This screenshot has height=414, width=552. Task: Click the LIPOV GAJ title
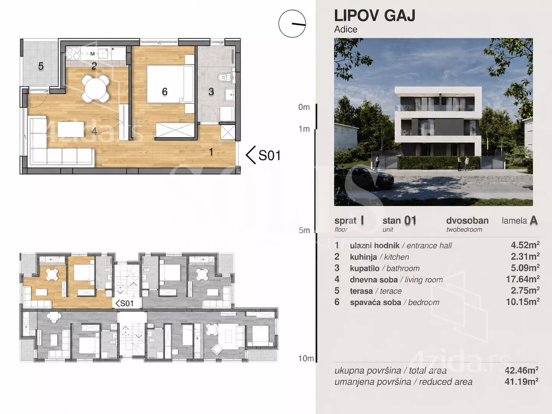tap(375, 16)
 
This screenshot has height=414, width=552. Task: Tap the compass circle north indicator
tap(292, 24)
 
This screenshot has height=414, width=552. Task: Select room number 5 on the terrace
tap(41, 66)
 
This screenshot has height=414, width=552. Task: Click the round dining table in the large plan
tap(95, 89)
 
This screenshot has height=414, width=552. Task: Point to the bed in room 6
tap(170, 84)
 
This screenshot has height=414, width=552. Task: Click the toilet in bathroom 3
tap(224, 77)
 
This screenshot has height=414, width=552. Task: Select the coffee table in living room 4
tap(71, 129)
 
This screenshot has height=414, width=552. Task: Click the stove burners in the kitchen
tap(73, 53)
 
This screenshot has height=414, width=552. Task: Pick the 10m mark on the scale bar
tap(306, 358)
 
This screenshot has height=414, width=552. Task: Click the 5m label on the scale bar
tap(304, 230)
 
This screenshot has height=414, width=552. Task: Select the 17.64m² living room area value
tap(522, 279)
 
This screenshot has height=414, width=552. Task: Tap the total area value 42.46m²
tap(522, 370)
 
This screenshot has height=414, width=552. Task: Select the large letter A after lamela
tap(534, 220)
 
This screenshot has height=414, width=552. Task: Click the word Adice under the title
tap(346, 30)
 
